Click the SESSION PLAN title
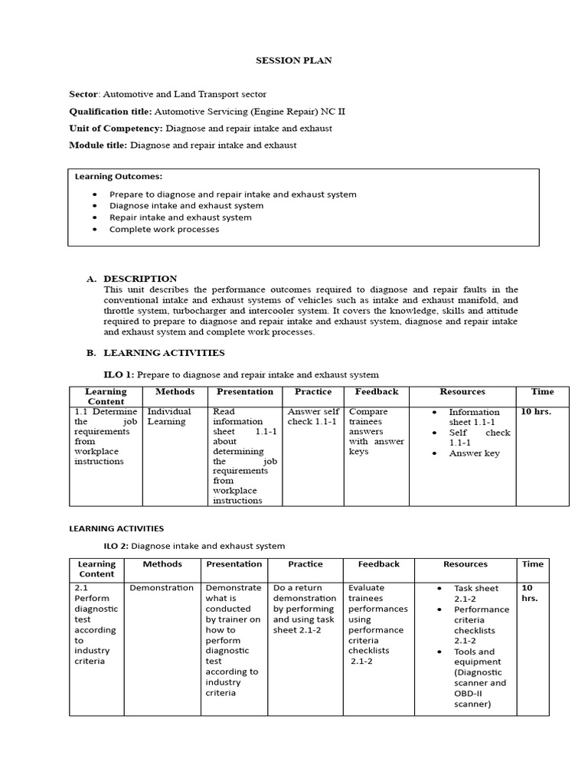[294, 60]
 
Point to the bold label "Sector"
[84, 94]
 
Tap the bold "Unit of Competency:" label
[116, 128]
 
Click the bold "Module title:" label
[99, 145]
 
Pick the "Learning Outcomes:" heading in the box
[118, 176]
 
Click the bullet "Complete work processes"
[164, 229]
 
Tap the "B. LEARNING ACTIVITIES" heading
[155, 353]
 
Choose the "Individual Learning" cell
[169, 416]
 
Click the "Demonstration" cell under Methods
[162, 588]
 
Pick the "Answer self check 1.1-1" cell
[313, 416]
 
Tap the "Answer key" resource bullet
[474, 453]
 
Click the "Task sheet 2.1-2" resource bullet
[475, 593]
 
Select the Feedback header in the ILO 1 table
[377, 392]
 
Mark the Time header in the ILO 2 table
[533, 564]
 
